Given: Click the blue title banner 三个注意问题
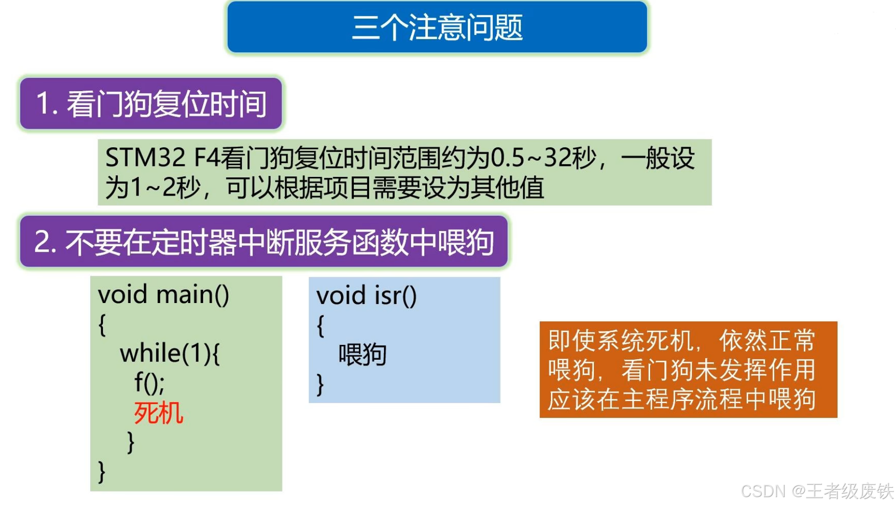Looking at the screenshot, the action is coord(437,27).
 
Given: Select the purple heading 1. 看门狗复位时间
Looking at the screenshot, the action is coord(151,103).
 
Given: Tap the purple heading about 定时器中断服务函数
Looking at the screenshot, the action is coord(264,242).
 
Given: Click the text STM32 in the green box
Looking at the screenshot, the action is coord(145,158).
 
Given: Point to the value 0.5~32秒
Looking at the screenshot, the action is coord(544,158).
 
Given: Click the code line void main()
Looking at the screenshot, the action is coord(164,295).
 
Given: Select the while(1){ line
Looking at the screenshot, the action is coord(170,353).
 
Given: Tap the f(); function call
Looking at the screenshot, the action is coord(149,382).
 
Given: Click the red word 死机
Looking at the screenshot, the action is coord(158,413).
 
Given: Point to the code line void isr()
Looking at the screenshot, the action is coord(366,296).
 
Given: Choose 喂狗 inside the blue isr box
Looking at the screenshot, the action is coord(362,355).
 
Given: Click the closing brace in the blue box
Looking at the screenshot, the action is coord(320,384).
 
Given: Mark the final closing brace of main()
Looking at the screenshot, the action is coord(102,472).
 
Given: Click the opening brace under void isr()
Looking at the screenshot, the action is coord(320,326).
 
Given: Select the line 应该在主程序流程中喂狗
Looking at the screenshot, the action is coord(682,399).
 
